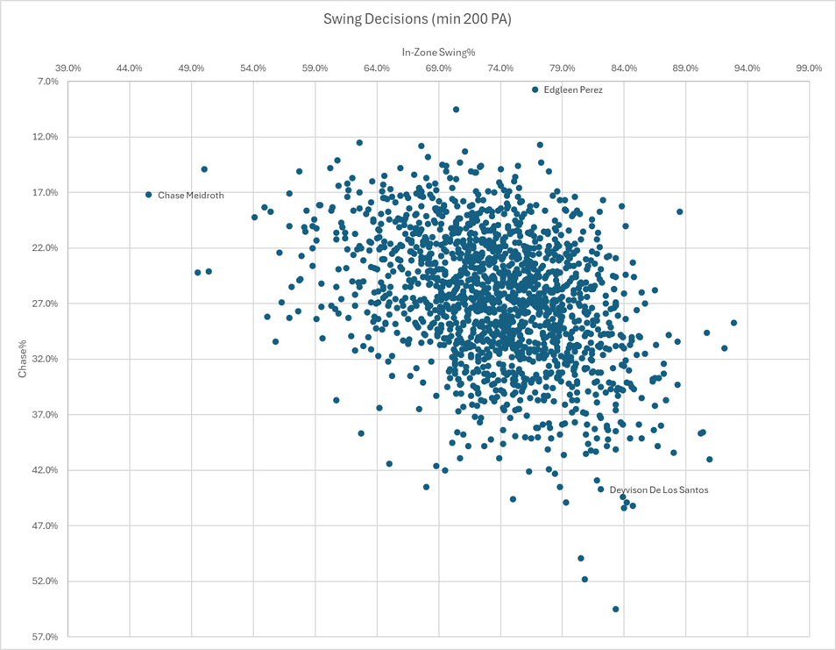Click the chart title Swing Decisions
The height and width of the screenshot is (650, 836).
[x=417, y=19]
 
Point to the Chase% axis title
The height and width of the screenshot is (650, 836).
[x=25, y=359]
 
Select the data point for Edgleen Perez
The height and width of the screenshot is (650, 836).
[x=535, y=89]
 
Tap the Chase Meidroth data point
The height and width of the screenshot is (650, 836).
[x=149, y=195]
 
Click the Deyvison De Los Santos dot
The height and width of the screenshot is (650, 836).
[x=601, y=489]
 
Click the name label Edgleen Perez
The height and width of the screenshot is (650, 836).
[x=573, y=89]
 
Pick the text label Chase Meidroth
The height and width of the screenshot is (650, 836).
[x=191, y=196]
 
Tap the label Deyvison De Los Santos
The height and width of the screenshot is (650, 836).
[x=659, y=490]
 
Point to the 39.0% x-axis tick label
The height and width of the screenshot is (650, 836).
[x=68, y=68]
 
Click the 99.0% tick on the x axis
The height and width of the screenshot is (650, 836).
[x=809, y=68]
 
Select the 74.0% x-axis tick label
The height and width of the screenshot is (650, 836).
[x=500, y=68]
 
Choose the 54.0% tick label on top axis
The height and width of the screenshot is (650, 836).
[x=253, y=68]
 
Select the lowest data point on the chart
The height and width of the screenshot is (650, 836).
[x=615, y=609]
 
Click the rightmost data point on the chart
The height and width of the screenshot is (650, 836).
[x=733, y=323]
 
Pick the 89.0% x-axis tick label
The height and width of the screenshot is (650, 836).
[x=685, y=68]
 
